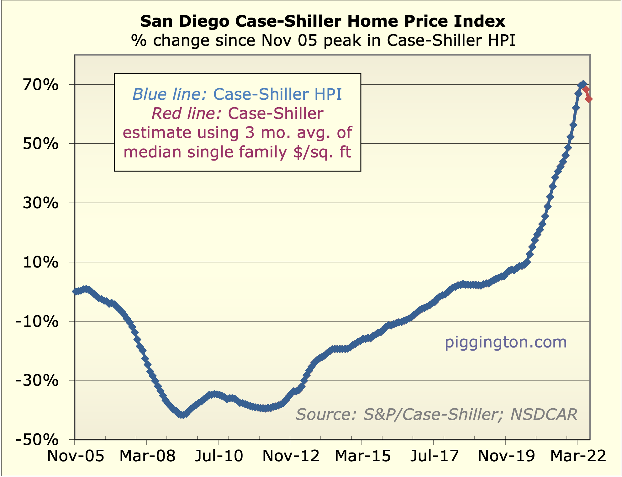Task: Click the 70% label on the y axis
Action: (x=40, y=85)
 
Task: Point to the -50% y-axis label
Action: (x=37, y=440)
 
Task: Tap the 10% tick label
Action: (x=40, y=262)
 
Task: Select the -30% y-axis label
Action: (x=37, y=381)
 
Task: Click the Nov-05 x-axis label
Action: (x=75, y=456)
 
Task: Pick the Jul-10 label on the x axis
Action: (x=219, y=456)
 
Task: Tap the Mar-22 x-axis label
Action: (x=578, y=456)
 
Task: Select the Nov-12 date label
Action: (x=291, y=456)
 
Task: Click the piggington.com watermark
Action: (x=506, y=342)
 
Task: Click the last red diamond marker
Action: (x=588, y=99)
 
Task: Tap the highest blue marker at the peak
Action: (x=583, y=84)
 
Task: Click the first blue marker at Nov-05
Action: (x=75, y=291)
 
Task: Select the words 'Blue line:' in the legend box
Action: (x=169, y=94)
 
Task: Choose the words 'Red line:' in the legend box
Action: (x=187, y=113)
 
